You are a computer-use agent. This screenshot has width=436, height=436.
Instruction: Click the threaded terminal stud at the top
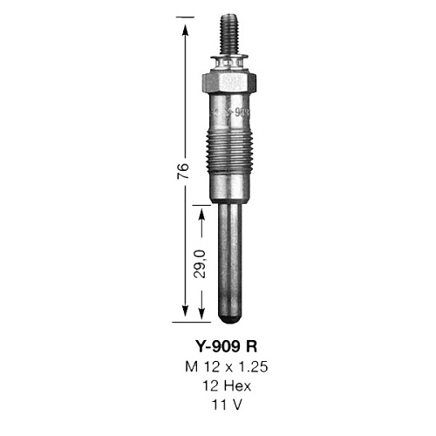click(229, 35)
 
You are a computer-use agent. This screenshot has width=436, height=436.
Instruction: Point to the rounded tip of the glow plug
click(229, 318)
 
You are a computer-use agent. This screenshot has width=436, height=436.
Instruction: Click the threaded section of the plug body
click(229, 151)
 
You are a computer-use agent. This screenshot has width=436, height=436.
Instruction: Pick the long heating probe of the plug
click(229, 262)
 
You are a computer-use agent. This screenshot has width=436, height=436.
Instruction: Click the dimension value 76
click(184, 171)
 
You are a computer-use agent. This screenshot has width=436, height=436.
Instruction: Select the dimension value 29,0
click(200, 263)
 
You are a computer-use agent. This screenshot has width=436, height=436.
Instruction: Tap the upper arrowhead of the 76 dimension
click(185, 30)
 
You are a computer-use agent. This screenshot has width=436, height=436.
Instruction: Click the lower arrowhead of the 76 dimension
click(185, 311)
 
